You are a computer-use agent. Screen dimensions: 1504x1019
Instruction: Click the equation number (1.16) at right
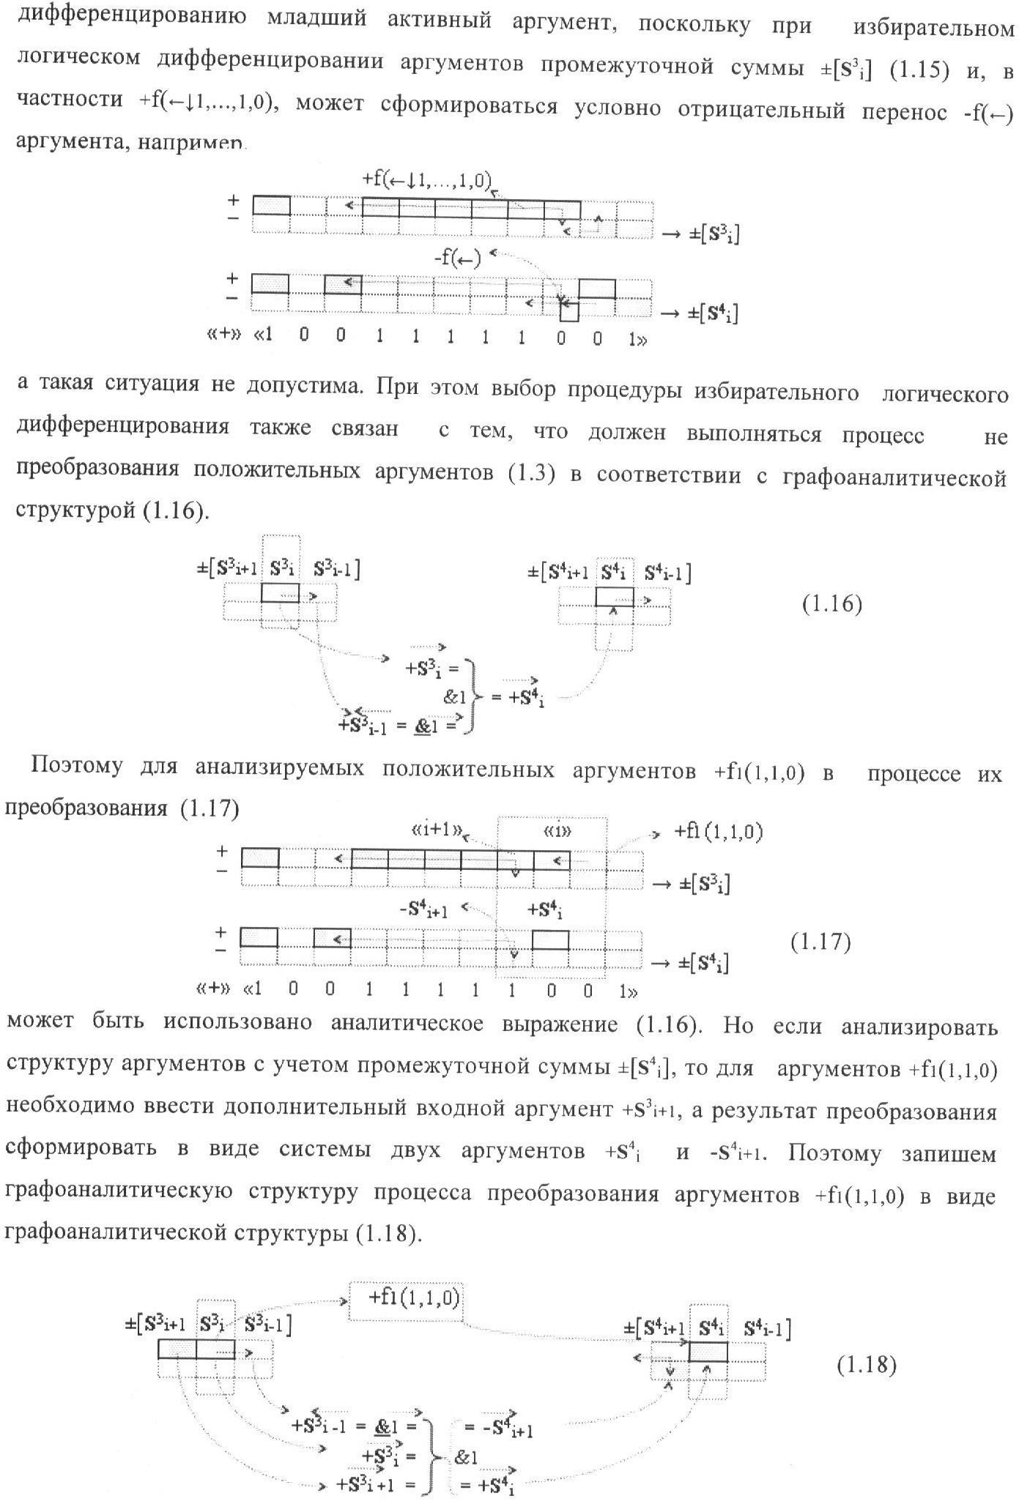(831, 604)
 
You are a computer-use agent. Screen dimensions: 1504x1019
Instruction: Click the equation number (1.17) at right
(820, 942)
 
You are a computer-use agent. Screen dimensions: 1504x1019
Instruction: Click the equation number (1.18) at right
(867, 1365)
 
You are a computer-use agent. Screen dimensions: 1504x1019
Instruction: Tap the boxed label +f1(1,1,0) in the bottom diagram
(407, 1298)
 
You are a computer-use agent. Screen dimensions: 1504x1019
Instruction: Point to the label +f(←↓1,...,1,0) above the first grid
(426, 179)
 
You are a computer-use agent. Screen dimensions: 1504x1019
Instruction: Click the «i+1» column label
(437, 830)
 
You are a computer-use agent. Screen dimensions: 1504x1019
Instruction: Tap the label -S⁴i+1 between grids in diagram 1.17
(423, 909)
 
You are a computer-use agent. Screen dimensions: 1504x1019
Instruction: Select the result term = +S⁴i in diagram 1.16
(517, 696)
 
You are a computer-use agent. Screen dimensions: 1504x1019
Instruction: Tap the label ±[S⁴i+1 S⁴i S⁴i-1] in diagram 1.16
(609, 573)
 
